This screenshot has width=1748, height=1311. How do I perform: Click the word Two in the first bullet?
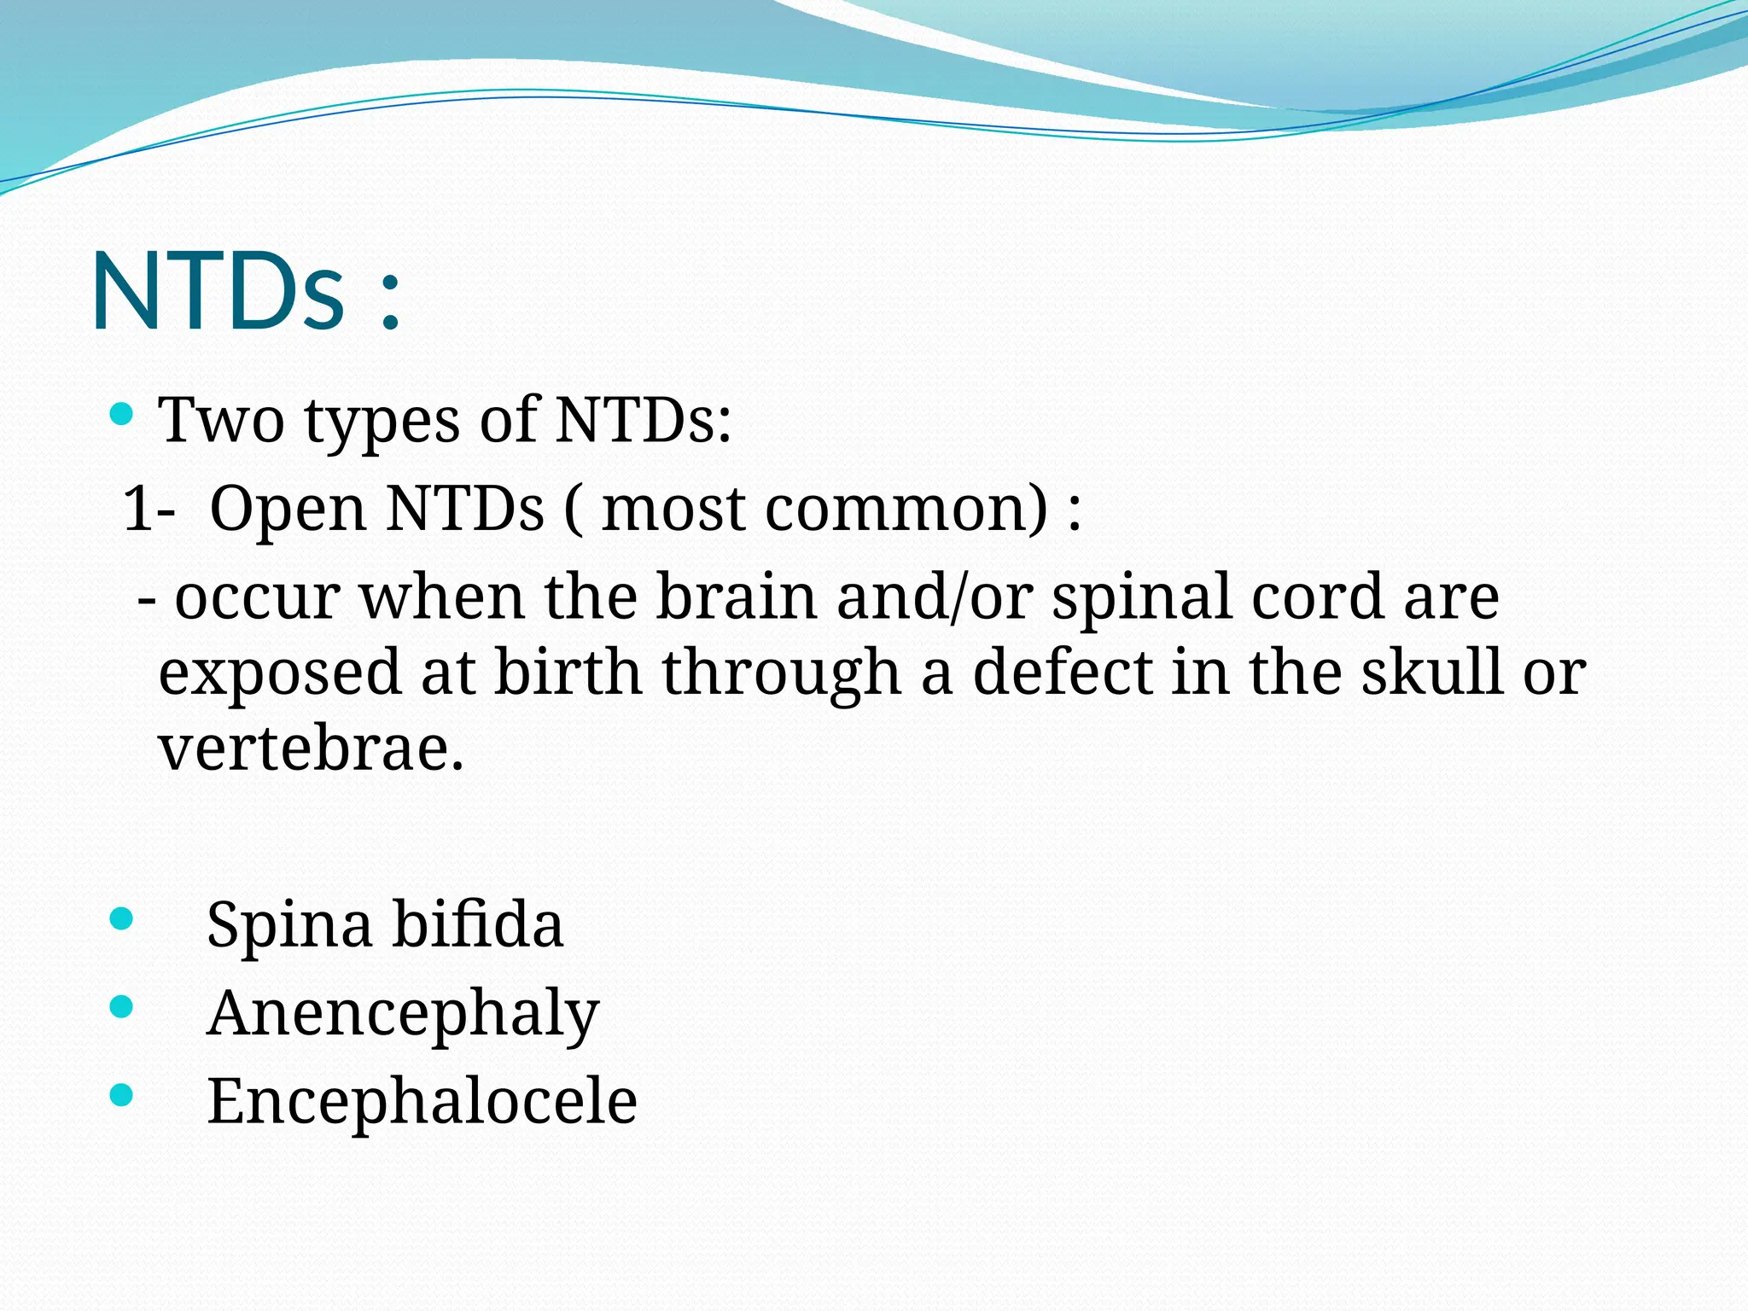pos(221,421)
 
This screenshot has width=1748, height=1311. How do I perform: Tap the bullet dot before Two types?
pos(122,416)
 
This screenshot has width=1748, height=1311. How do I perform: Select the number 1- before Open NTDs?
pos(149,509)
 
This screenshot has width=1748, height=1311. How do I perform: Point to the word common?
pos(905,509)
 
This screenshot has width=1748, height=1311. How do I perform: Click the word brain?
pos(736,597)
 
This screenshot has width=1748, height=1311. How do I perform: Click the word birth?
pos(568,672)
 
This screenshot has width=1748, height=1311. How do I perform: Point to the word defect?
pos(1062,672)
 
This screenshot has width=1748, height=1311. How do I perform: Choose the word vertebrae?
pos(311,748)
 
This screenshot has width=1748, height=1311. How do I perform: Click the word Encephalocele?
pos(422,1101)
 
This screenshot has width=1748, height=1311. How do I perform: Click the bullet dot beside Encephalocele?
pos(122,1095)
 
